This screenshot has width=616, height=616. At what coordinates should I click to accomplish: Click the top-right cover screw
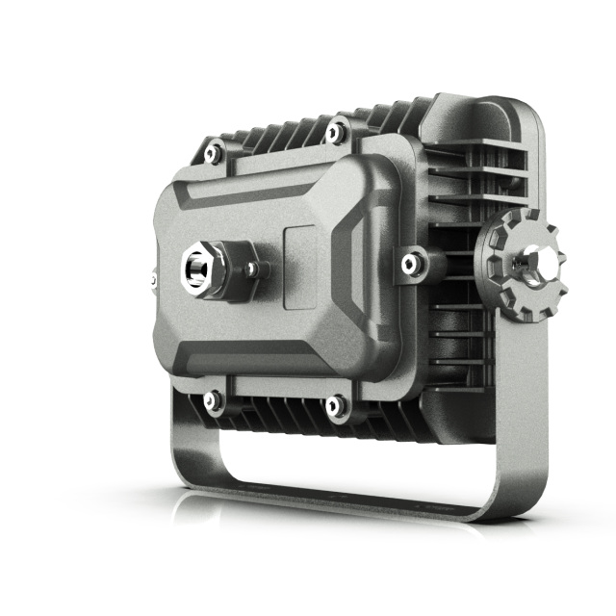pyautogui.click(x=335, y=131)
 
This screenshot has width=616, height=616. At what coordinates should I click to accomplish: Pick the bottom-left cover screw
pyautogui.click(x=213, y=398)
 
